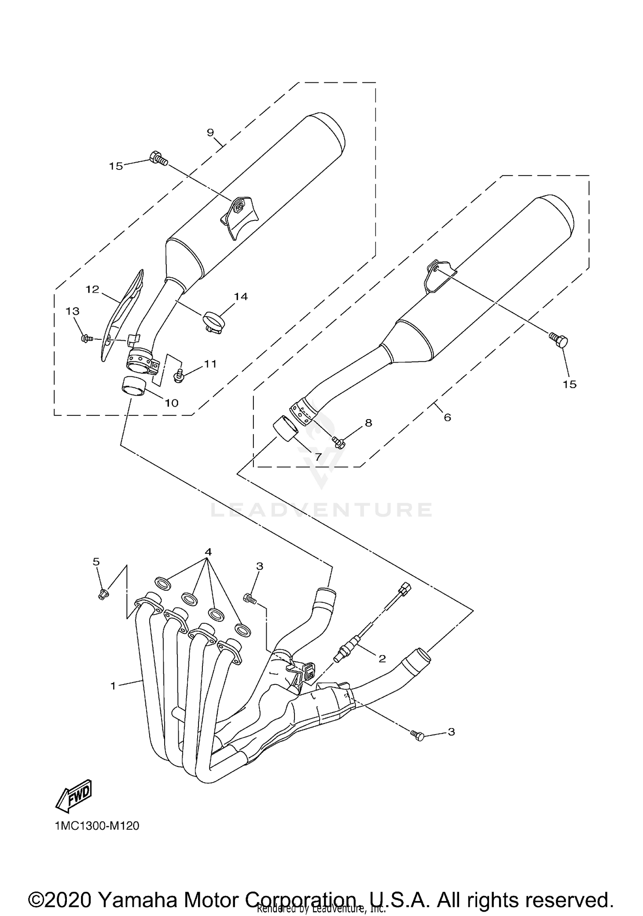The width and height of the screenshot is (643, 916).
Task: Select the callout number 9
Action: (x=210, y=132)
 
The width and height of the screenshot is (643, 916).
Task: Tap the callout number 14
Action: (x=241, y=296)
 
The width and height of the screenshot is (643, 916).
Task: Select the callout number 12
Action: (x=92, y=290)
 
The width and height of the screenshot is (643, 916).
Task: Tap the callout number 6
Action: (x=447, y=417)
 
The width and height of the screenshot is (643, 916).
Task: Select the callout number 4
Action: (x=208, y=552)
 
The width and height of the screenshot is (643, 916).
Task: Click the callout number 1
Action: (x=113, y=686)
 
